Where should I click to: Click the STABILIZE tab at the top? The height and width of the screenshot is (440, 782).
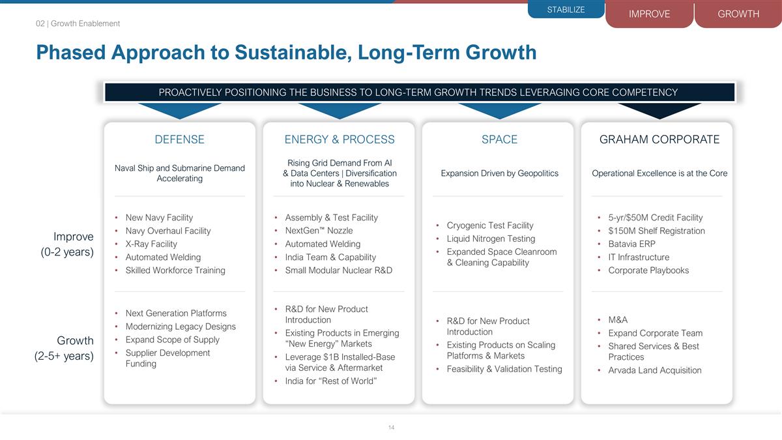point(566,10)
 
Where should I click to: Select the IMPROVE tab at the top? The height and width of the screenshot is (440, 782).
point(649,14)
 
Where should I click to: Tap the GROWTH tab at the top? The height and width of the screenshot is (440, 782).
point(738,14)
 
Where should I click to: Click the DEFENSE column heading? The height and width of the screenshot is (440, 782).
point(179,139)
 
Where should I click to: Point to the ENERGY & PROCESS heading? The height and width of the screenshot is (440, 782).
point(340,139)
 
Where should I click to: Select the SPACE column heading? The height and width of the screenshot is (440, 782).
point(499,139)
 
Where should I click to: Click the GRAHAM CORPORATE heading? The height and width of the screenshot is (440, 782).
point(659,139)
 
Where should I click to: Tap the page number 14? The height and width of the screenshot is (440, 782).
point(391,428)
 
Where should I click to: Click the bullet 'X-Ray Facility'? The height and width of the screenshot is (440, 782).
point(151,244)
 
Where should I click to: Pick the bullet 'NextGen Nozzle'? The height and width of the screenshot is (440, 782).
point(319,231)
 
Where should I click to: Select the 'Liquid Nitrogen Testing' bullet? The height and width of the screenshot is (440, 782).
point(491,239)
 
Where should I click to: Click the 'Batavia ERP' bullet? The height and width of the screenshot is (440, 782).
point(631,244)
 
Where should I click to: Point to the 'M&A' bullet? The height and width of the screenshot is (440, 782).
point(618,319)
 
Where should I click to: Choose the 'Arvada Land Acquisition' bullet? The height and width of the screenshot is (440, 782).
point(655,370)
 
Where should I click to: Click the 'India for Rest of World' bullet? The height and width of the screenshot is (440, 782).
point(330,381)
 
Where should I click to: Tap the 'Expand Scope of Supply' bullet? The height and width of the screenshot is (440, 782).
point(172,340)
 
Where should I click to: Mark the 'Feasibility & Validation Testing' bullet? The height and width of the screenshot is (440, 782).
point(504,369)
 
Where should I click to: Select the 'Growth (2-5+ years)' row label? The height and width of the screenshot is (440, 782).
point(64,348)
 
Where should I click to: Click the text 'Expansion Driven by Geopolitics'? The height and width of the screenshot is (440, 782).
point(499,173)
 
